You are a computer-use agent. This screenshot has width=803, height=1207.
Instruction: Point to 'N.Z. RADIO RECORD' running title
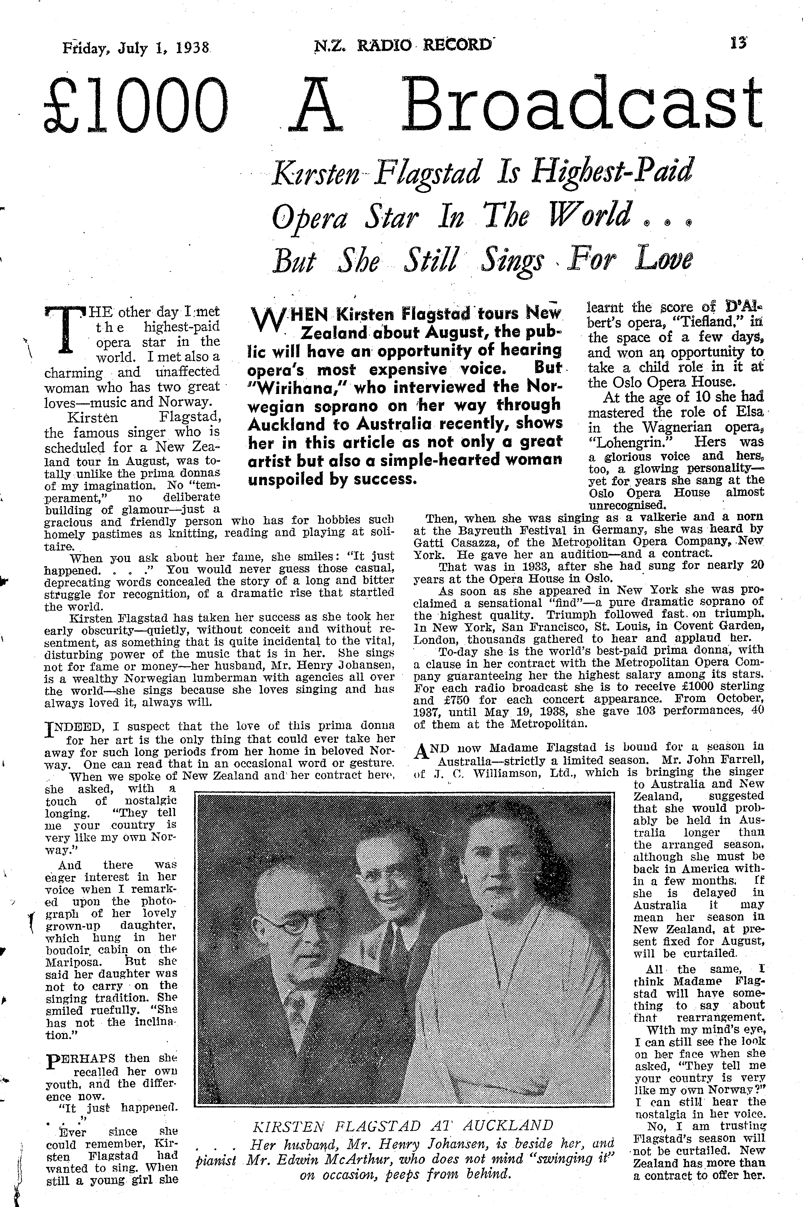pyautogui.click(x=402, y=46)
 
